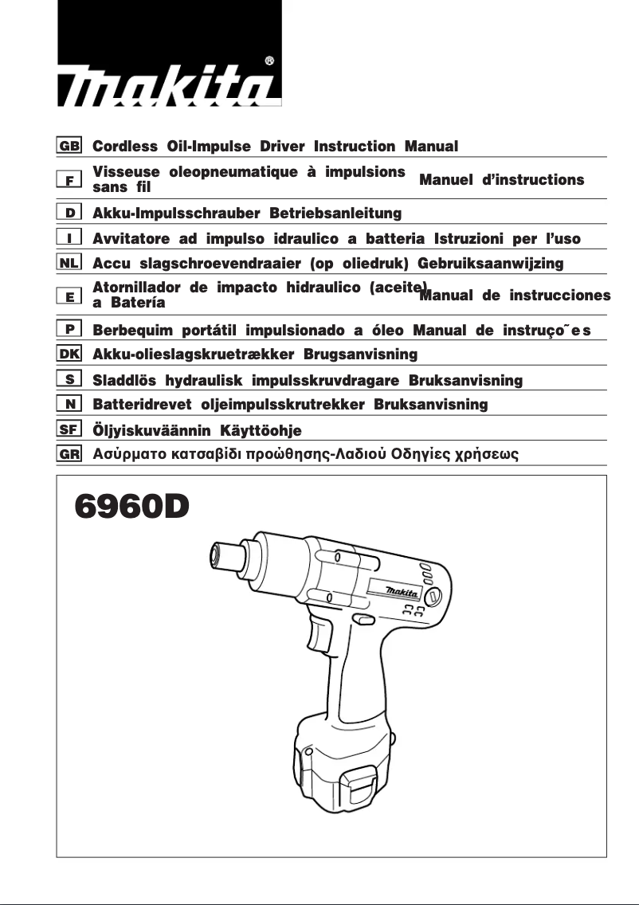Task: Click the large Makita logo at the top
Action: tap(169, 86)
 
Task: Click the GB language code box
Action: tap(69, 147)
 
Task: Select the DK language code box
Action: tap(69, 352)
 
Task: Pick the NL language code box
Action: tap(69, 263)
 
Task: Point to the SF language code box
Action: tap(69, 429)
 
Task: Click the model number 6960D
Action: tap(131, 507)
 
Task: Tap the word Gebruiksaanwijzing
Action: tap(490, 263)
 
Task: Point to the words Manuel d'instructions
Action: tap(501, 180)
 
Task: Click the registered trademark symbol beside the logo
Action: tap(269, 60)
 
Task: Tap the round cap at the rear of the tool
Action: tap(434, 596)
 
